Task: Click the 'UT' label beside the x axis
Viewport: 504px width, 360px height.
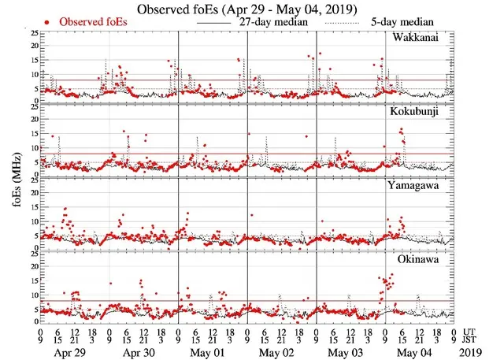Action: click(x=469, y=332)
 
